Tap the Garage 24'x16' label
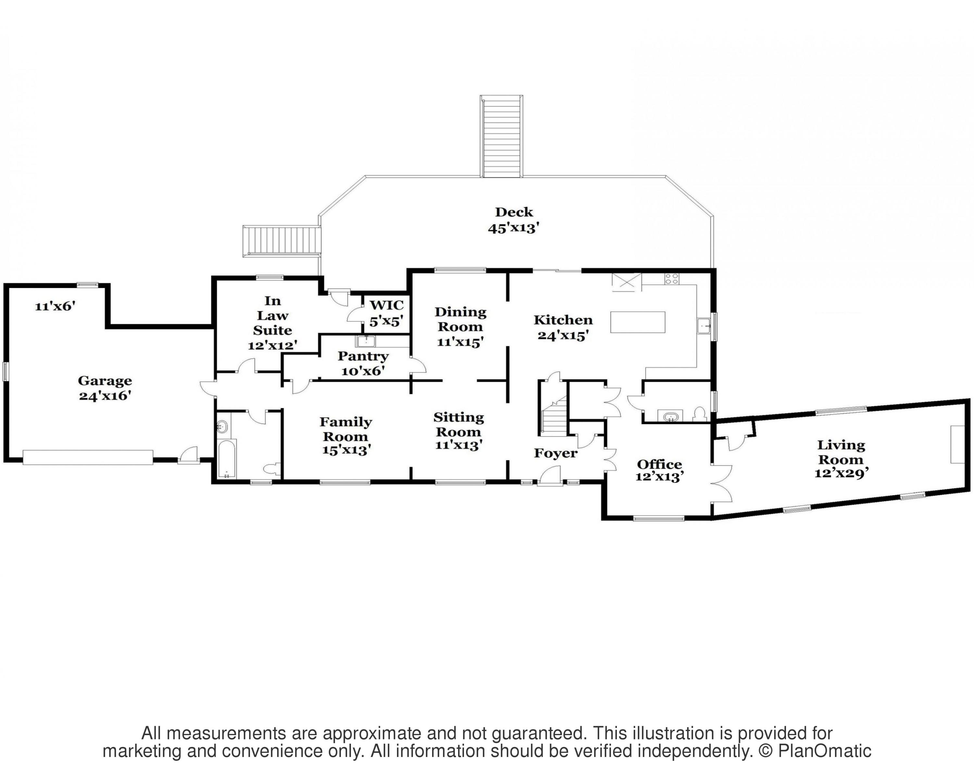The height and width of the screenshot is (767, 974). [105, 388]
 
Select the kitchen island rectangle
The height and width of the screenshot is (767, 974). [638, 322]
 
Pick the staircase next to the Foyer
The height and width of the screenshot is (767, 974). [553, 409]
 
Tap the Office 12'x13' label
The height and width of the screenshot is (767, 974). [659, 470]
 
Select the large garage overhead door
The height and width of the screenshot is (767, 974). [88, 458]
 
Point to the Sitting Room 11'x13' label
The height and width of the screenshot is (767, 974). [458, 431]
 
